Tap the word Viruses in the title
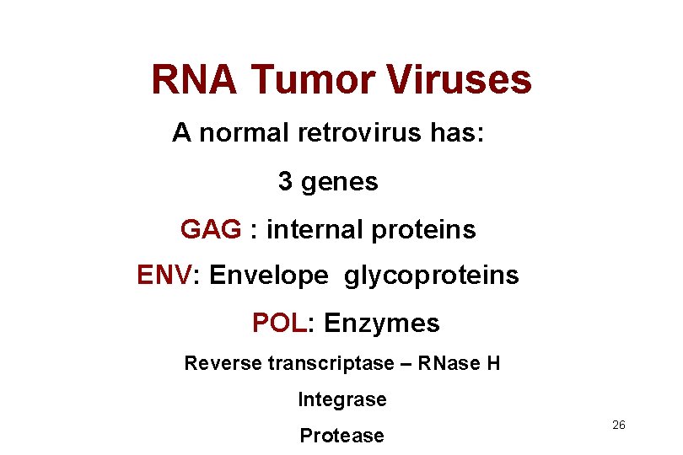coord(460,80)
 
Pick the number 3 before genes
coord(286,181)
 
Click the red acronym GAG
coord(211,229)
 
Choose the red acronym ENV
coord(164,275)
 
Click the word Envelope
coord(269,276)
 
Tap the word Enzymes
coord(382,324)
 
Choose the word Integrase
coord(342,400)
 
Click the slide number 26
coord(618,426)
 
